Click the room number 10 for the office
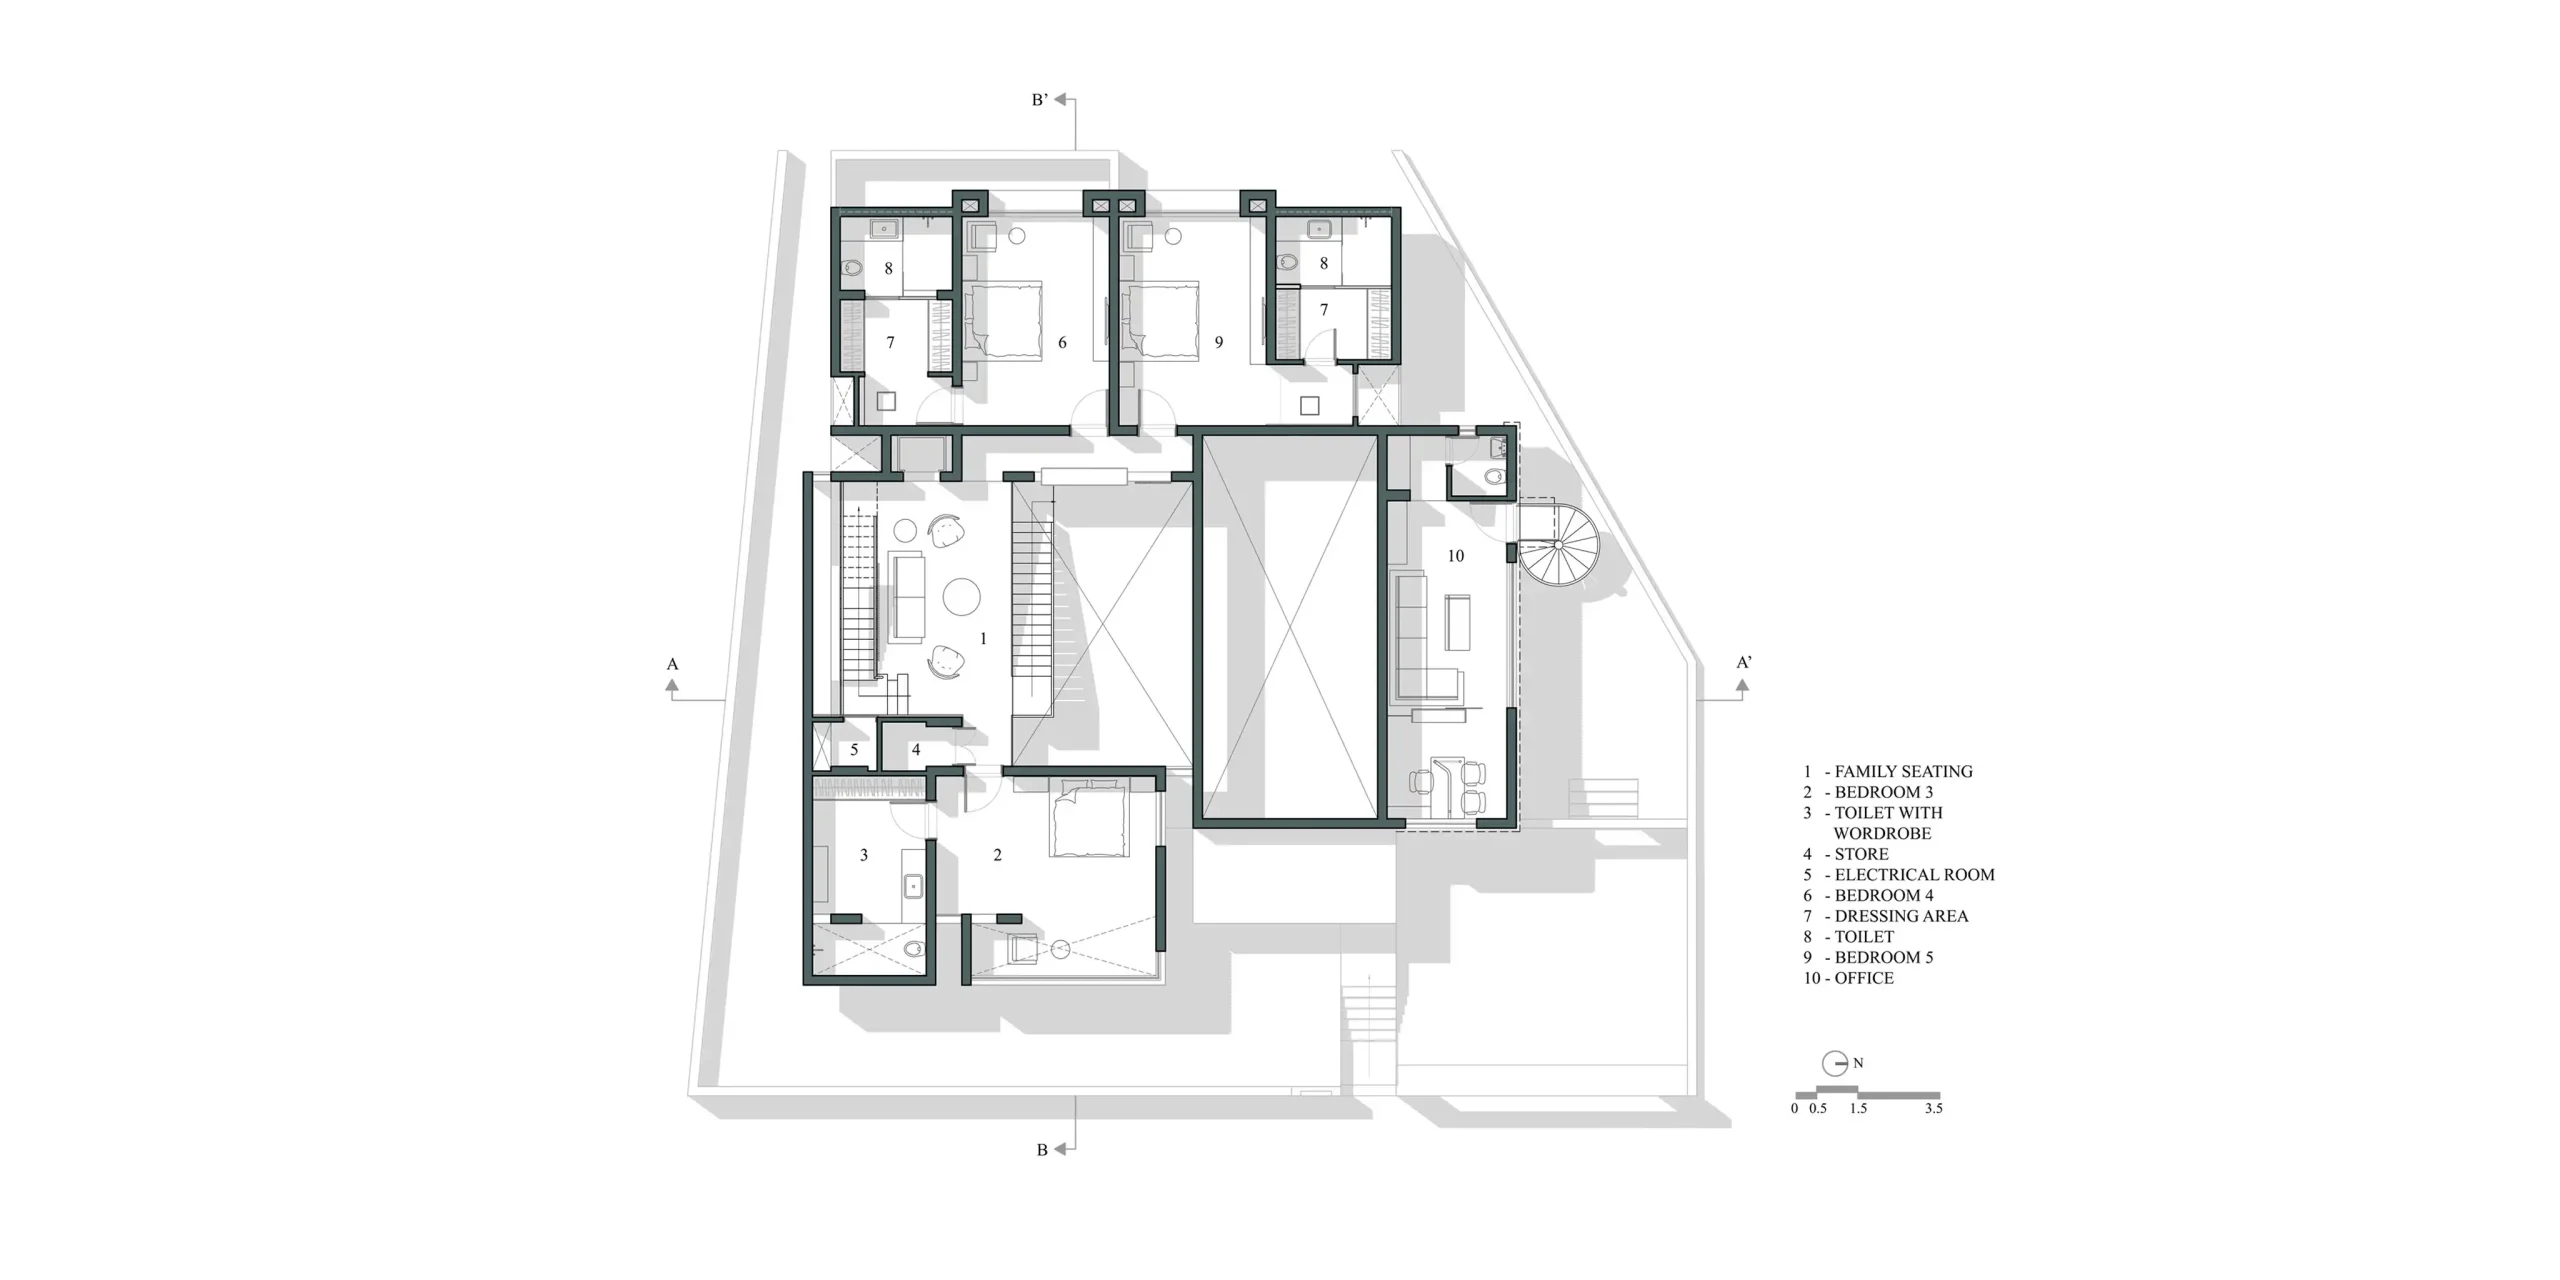[1455, 556]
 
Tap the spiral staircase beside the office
[1558, 545]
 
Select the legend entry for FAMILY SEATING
[1888, 771]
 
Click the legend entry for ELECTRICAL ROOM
[1899, 874]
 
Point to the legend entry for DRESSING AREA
[1885, 916]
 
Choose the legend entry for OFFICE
[1849, 978]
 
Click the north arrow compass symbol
[1835, 1063]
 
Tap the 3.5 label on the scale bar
[1933, 1108]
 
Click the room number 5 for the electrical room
[854, 750]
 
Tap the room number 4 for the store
[916, 750]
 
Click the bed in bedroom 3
[1089, 820]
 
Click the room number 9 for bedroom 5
[1219, 343]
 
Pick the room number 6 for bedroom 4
[1062, 343]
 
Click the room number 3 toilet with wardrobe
[864, 855]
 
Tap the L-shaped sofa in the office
[1425, 636]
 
